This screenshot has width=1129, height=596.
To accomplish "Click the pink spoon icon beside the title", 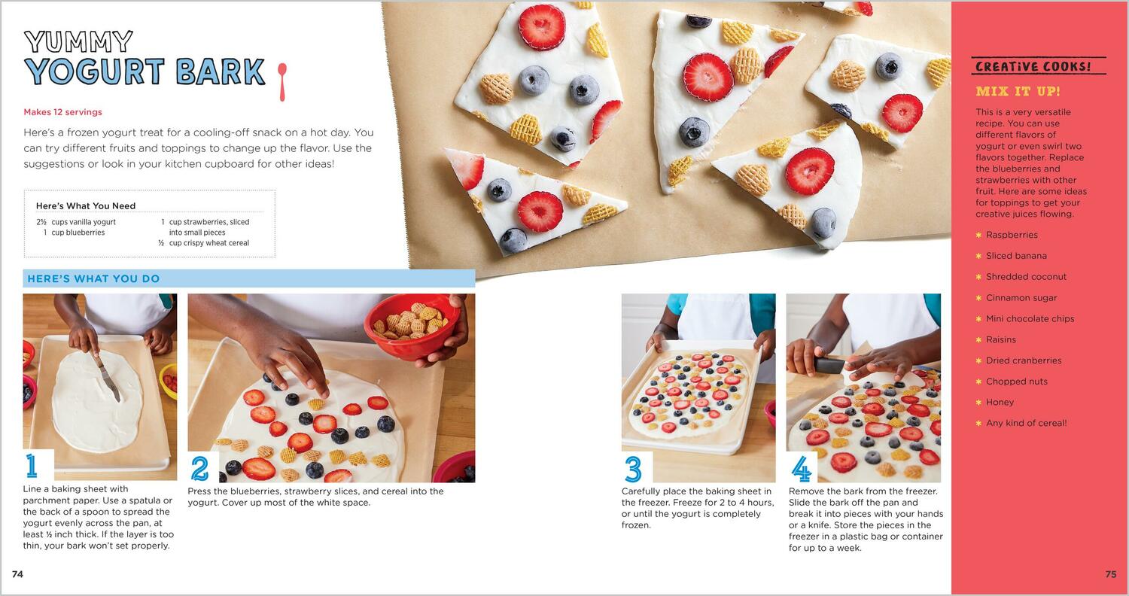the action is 282,81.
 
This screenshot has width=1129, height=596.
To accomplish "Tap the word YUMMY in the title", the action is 78,42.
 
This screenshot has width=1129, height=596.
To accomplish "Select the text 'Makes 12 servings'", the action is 63,112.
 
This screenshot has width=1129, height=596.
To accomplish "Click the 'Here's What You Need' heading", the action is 86,205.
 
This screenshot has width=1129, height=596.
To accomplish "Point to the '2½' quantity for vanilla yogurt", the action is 41,222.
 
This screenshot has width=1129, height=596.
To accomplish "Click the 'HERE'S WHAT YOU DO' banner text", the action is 94,278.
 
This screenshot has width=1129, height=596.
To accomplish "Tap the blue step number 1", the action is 32,466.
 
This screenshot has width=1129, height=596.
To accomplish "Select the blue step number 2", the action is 199,469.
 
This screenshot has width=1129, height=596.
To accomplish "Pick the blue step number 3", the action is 633,469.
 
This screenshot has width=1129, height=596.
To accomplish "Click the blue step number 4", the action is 802,469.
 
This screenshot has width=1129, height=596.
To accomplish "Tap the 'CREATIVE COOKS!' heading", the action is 1033,66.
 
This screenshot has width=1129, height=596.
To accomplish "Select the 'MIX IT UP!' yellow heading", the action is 1018,91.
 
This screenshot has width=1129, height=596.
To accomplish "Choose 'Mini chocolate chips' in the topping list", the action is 1030,318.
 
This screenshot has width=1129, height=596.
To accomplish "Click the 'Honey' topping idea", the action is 1000,402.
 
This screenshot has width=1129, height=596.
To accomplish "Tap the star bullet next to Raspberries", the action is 978,235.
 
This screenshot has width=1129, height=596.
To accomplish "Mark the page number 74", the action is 17,574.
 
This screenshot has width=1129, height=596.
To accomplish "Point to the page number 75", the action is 1111,574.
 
